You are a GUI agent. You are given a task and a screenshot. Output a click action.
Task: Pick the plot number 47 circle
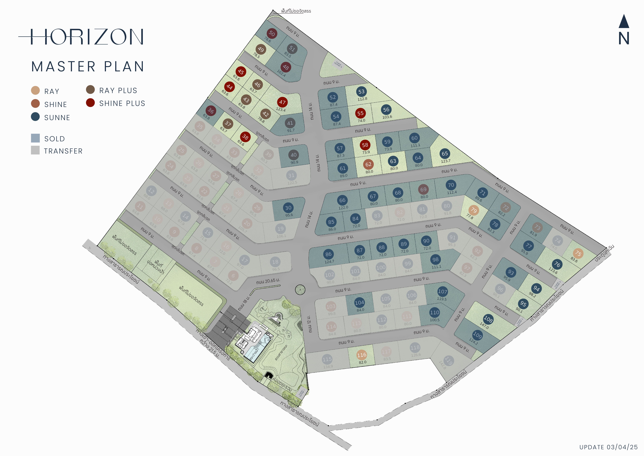(282, 102)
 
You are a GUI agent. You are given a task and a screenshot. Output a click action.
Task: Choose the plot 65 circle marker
(445, 154)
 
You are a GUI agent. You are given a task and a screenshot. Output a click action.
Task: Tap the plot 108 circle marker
(488, 319)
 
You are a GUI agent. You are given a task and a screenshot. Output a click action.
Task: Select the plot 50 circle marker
(272, 33)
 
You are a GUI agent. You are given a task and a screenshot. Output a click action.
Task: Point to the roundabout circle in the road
(300, 289)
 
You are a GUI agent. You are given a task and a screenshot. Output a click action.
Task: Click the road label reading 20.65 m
(268, 281)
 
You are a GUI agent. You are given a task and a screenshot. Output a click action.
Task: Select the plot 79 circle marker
(474, 210)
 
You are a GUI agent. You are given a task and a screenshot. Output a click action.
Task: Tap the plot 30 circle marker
(288, 208)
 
